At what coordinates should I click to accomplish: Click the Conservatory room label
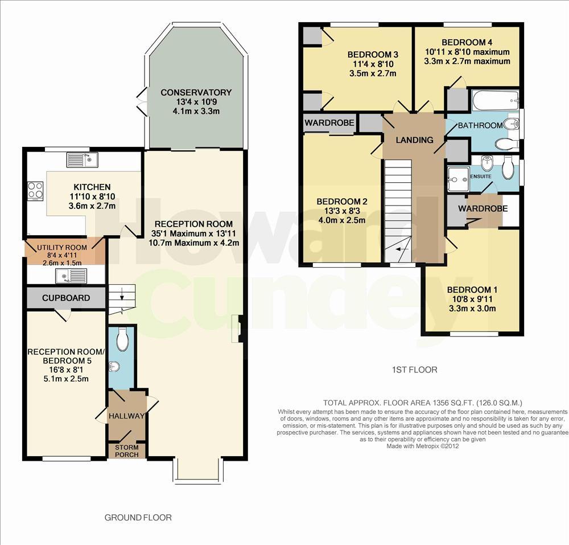pyautogui.click(x=196, y=93)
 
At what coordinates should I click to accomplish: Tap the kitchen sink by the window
pyautogui.click(x=83, y=160)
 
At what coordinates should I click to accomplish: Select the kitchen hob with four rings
pyautogui.click(x=35, y=191)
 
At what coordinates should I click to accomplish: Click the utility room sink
pyautogui.click(x=71, y=276)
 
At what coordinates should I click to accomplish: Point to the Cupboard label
pyautogui.click(x=66, y=298)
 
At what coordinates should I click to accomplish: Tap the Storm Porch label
pyautogui.click(x=127, y=451)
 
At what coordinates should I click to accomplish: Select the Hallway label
pyautogui.click(x=127, y=416)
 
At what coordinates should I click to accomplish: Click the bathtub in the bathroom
pyautogui.click(x=496, y=100)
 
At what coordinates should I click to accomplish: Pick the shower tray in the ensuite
pyautogui.click(x=458, y=179)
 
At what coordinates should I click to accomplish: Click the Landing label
pyautogui.click(x=414, y=140)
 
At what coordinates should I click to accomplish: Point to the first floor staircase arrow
pyautogui.click(x=402, y=249)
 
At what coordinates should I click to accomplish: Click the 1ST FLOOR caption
pyautogui.click(x=415, y=370)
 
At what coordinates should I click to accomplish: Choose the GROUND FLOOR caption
pyautogui.click(x=138, y=518)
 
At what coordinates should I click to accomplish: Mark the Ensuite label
pyautogui.click(x=481, y=177)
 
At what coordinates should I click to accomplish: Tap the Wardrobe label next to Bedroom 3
pyautogui.click(x=329, y=123)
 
